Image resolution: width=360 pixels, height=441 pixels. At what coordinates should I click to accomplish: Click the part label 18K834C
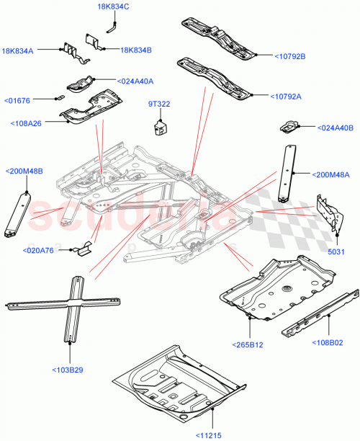(x=114, y=6)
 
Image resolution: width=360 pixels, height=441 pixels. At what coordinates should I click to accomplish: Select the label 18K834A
(x=21, y=51)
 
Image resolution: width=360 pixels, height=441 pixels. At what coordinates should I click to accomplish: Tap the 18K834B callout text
(x=136, y=50)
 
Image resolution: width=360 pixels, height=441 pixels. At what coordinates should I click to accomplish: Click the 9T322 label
(x=159, y=104)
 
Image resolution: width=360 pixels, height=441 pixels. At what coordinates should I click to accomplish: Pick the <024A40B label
(x=336, y=128)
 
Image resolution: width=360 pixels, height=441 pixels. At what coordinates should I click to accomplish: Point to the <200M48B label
(x=24, y=171)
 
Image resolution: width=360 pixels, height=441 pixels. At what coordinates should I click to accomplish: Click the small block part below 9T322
(x=160, y=128)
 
